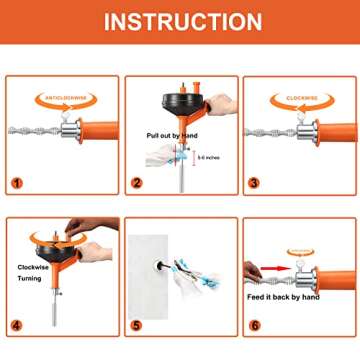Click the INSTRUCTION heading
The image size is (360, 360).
(180, 21)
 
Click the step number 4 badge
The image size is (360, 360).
(17, 326)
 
